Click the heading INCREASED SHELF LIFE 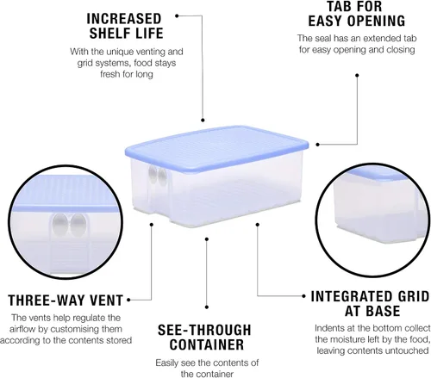click(125, 26)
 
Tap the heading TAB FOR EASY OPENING click(357, 14)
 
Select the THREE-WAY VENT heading click(66, 301)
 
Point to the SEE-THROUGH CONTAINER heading click(204, 338)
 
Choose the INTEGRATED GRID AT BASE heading click(371, 304)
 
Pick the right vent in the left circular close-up click(78, 225)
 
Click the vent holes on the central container click(157, 176)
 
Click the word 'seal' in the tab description click(323, 38)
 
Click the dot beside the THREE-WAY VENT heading click(128, 300)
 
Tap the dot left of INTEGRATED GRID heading click(304, 296)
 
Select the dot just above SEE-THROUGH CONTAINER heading click(207, 307)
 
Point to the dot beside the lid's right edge click(317, 145)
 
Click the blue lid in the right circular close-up click(373, 174)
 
